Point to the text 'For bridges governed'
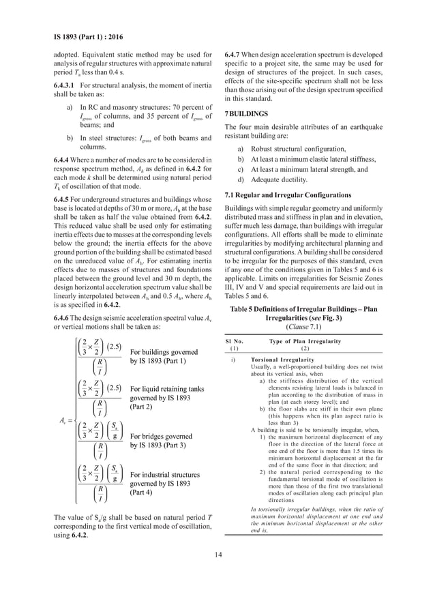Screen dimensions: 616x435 [162, 436]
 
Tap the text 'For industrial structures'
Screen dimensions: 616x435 [168, 474]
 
